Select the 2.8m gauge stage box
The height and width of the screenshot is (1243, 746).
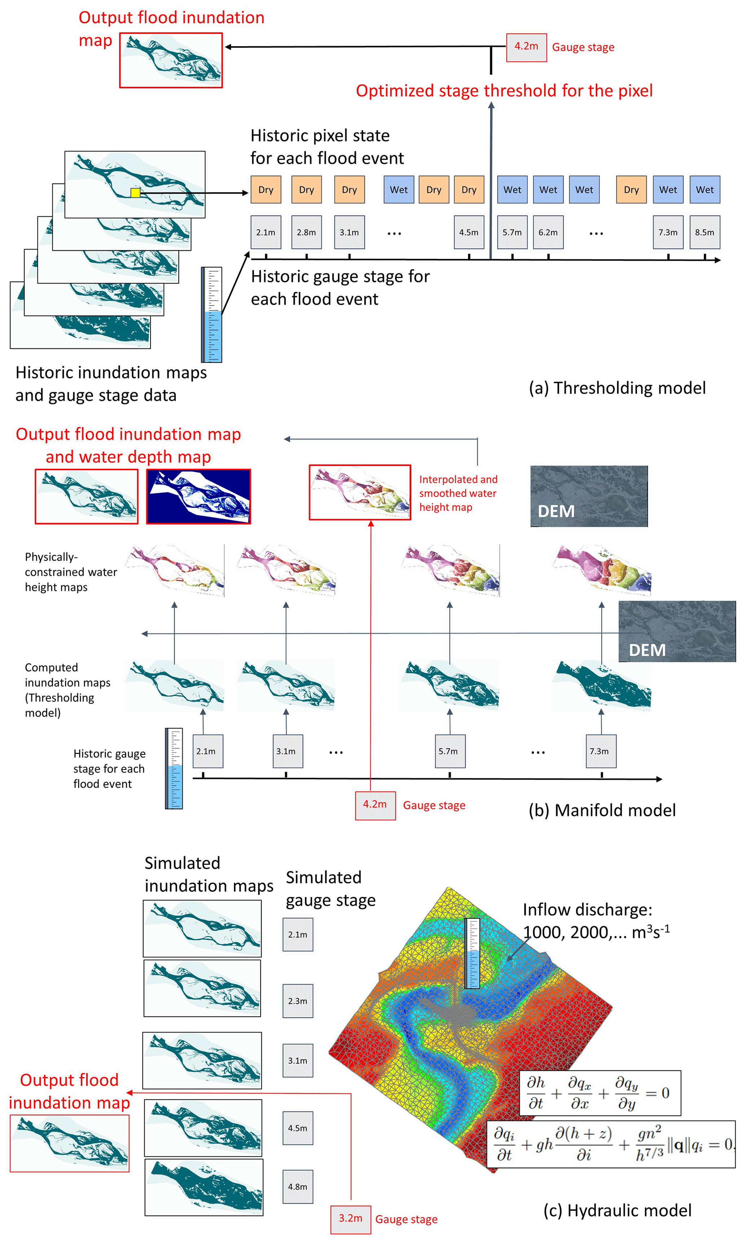[306, 232]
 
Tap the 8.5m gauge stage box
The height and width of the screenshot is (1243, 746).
[704, 232]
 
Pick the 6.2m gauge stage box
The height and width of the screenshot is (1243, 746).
[548, 232]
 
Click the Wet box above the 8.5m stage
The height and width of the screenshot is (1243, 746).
[704, 190]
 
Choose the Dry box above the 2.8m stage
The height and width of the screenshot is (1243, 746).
[306, 190]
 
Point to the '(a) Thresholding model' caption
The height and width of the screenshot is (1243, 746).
[617, 388]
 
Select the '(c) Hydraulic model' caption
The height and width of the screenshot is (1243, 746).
[617, 1210]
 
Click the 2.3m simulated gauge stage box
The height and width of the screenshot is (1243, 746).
[298, 1001]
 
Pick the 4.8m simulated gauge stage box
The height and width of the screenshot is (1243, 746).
[298, 1186]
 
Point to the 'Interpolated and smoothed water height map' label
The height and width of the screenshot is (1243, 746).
[458, 493]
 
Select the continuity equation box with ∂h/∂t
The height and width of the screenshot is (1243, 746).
[600, 1093]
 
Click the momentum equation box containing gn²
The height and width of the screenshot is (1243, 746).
[610, 1144]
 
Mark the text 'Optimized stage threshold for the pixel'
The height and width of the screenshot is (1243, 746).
[504, 91]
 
